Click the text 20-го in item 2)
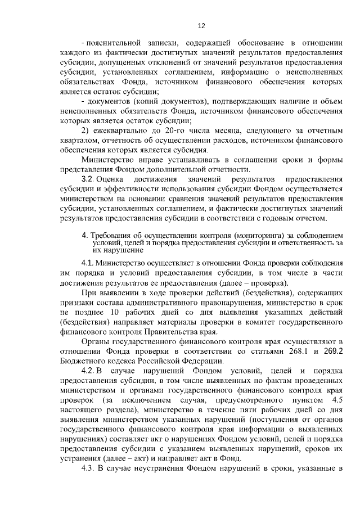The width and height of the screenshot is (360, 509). pyautogui.click(x=154, y=130)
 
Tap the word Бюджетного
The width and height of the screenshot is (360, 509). pyautogui.click(x=82, y=361)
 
